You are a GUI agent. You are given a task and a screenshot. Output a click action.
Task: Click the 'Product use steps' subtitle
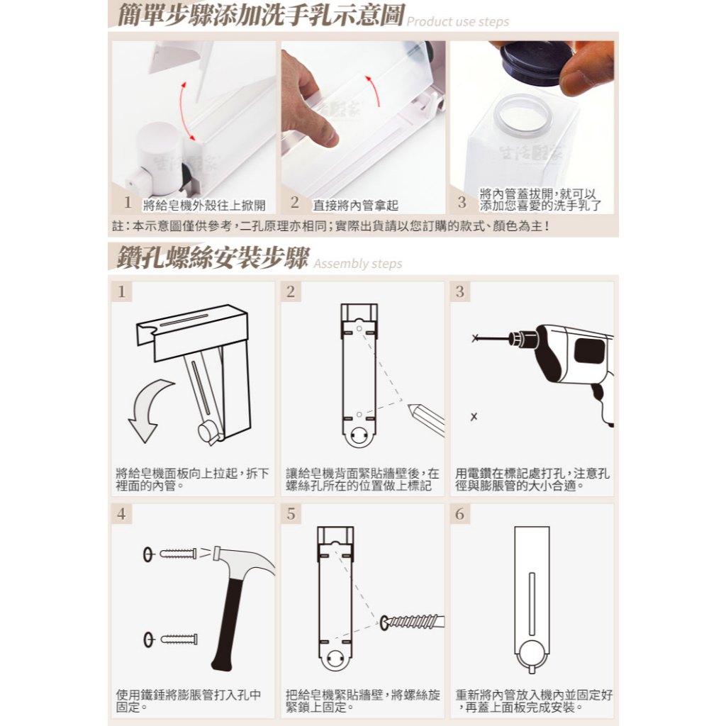(x=457, y=22)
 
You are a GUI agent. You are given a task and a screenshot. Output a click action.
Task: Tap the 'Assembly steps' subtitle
(x=358, y=264)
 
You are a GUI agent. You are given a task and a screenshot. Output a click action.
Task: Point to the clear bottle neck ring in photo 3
(x=523, y=116)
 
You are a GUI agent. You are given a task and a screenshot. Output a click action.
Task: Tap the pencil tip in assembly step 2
(x=411, y=407)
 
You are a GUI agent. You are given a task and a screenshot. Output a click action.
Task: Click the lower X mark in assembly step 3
(x=474, y=417)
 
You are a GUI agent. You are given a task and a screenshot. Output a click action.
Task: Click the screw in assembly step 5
(x=412, y=622)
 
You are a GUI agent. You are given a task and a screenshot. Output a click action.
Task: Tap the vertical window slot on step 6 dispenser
(x=532, y=603)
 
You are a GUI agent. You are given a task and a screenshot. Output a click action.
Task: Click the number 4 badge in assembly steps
(x=121, y=513)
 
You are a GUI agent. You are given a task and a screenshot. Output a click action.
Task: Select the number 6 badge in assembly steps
(x=459, y=513)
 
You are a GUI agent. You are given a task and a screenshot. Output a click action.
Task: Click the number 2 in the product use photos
(x=295, y=202)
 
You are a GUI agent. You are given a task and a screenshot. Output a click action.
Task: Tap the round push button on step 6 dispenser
(x=532, y=654)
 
